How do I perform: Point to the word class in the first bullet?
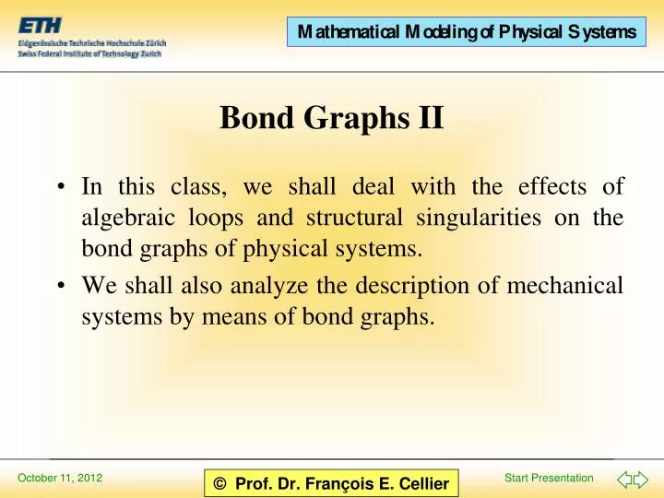coord(197,187)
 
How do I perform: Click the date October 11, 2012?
coord(61,478)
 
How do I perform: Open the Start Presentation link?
coord(550,477)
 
